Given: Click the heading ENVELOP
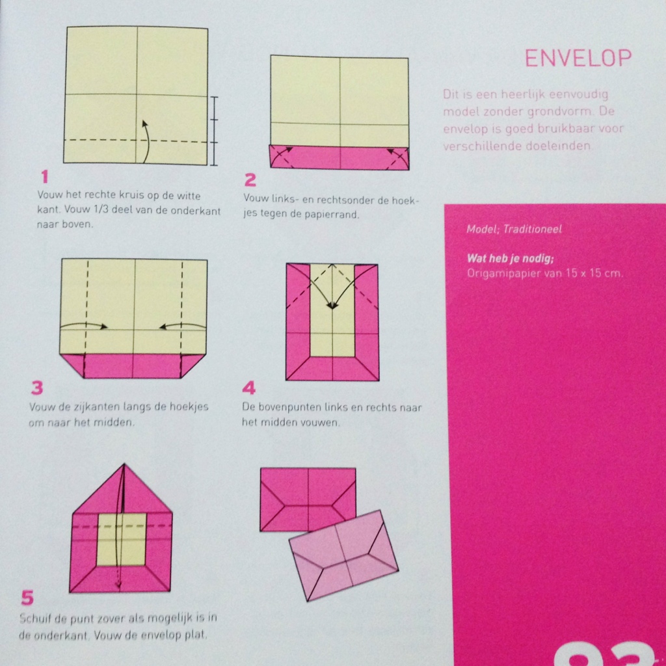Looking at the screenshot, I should pos(578,59).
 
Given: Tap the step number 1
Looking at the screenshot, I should pos(44,176).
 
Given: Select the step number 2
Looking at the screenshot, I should pos(250,180).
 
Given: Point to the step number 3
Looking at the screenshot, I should pos(37,388).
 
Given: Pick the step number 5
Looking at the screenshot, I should pos(27,598).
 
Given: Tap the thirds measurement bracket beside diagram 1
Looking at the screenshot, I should pos(215,130).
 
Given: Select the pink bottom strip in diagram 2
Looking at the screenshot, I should pos(340,157).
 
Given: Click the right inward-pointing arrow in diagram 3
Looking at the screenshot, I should pos(183,325).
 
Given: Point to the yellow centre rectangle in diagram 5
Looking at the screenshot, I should pos(121,539).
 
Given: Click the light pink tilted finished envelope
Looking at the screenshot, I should pos(343,555).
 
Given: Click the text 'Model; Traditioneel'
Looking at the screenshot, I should pos(514,230).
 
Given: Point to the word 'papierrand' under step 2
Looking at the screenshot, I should pos(333,215).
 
